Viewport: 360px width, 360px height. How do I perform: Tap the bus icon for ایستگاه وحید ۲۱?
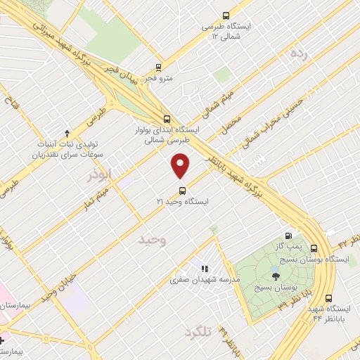(182, 190)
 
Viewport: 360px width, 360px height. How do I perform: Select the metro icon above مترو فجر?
(160, 68)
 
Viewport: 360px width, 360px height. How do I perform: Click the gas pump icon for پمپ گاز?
(288, 236)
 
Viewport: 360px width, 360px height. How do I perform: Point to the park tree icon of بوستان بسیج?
(276, 276)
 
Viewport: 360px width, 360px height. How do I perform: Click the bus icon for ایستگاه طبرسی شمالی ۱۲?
(226, 15)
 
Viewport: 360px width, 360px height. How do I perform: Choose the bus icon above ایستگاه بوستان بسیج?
(314, 248)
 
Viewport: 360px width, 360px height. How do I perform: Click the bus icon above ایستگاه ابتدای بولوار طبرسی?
(167, 119)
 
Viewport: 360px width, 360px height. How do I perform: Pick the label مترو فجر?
(160, 78)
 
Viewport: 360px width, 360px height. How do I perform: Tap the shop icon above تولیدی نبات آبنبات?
(67, 132)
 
